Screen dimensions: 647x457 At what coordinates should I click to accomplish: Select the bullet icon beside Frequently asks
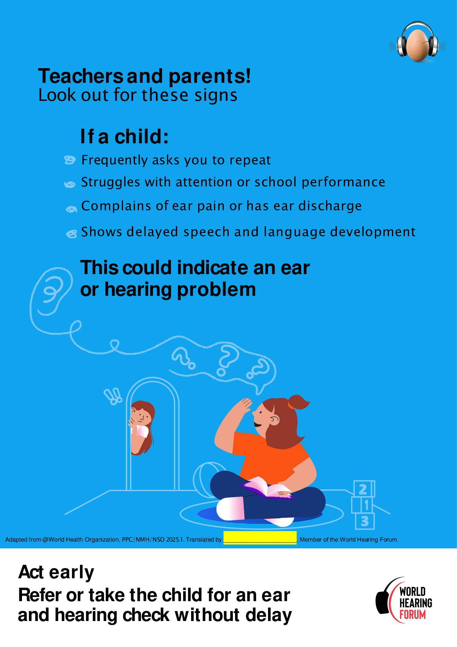pyautogui.click(x=70, y=160)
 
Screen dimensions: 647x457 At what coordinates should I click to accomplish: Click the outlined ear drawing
pyautogui.click(x=52, y=292)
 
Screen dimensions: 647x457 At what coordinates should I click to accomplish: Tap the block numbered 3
pyautogui.click(x=365, y=521)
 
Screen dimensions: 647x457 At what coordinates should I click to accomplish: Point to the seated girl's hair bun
pyautogui.click(x=297, y=402)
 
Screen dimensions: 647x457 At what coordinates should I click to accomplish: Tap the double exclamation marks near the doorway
pyautogui.click(x=113, y=396)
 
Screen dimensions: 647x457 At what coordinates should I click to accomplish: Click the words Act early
pyautogui.click(x=56, y=572)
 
